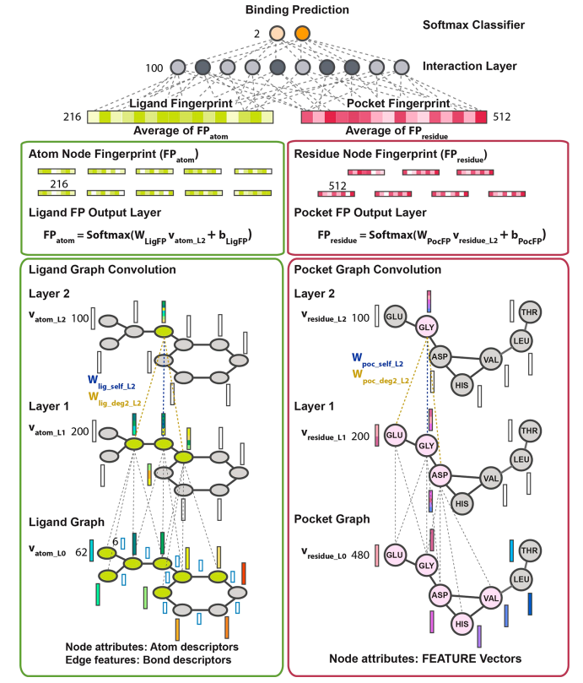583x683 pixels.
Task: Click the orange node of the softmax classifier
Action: (302, 35)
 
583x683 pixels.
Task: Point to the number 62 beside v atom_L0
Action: (81, 552)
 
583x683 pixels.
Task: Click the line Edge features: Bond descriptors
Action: (148, 659)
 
